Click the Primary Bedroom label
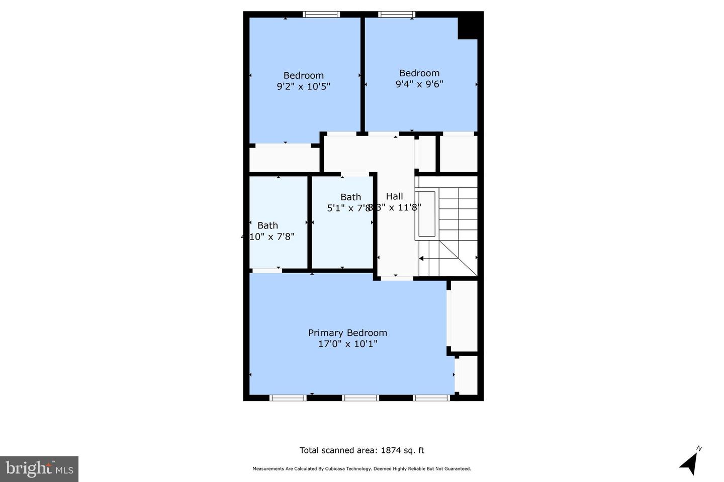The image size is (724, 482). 347,333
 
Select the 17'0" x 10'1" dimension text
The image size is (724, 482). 347,344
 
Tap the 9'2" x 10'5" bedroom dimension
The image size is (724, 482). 303,86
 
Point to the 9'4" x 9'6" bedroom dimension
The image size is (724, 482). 419,84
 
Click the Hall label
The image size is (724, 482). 394,196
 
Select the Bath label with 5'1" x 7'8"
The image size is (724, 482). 350,197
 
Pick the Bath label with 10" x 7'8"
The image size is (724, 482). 267,225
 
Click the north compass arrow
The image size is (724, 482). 689,461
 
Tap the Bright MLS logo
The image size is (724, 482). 39,469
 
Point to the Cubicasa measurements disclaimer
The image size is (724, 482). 361,469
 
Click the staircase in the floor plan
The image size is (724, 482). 447,226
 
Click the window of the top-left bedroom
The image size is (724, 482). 321,15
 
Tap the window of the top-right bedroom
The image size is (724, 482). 397,15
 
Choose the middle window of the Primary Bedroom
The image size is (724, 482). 360,398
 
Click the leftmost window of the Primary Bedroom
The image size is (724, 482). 288,398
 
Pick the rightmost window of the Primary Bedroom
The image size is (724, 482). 431,398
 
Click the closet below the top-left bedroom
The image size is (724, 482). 285,160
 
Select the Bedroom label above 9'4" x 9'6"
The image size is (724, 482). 419,73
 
